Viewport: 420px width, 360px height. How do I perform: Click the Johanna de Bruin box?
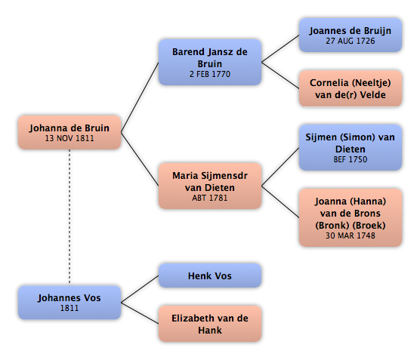click(x=69, y=132)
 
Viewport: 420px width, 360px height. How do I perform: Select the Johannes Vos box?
click(x=69, y=303)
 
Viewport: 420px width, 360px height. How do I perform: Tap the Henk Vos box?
click(x=210, y=275)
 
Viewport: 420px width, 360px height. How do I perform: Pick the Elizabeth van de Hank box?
click(x=210, y=324)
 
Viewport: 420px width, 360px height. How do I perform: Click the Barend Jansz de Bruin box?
click(x=210, y=63)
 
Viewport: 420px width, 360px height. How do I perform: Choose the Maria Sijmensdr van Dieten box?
click(x=210, y=186)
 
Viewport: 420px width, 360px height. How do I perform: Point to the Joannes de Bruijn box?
click(x=351, y=35)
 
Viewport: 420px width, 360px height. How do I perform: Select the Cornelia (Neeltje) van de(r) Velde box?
click(x=351, y=88)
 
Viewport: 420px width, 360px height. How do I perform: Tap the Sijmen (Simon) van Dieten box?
click(x=351, y=147)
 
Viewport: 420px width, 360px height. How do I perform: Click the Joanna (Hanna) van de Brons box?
click(x=351, y=217)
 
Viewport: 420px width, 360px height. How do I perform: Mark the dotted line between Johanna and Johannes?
click(x=69, y=217)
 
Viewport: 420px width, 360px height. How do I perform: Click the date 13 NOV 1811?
click(x=69, y=138)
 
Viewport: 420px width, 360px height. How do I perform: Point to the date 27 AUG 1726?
click(x=351, y=41)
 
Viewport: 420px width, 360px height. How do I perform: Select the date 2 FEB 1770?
click(x=210, y=74)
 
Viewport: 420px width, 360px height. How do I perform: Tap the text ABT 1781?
click(x=210, y=198)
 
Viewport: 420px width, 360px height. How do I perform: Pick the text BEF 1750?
click(x=351, y=159)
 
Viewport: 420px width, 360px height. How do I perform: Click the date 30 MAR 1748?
click(x=351, y=235)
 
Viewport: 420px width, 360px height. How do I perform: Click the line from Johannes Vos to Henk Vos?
click(x=140, y=289)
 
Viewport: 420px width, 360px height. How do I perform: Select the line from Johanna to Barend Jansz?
click(x=140, y=97)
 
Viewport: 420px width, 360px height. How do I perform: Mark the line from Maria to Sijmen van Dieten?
click(x=280, y=167)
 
